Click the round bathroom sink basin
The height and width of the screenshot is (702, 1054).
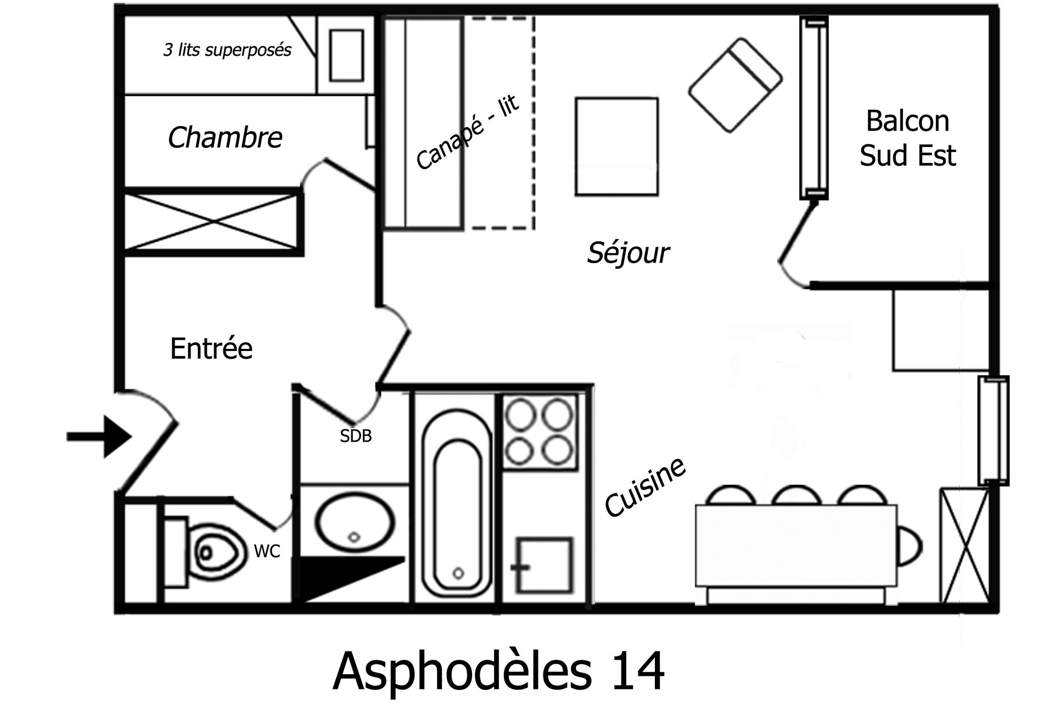tap(354, 522)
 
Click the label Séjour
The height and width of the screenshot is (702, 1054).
tap(627, 253)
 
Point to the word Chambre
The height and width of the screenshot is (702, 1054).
tap(225, 137)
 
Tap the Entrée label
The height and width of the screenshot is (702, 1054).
tap(211, 349)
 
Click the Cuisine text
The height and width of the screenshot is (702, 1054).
tap(645, 487)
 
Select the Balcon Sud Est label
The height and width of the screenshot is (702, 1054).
tap(907, 138)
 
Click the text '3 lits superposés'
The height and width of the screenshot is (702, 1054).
tap(227, 50)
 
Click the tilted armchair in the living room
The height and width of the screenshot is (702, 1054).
tap(735, 85)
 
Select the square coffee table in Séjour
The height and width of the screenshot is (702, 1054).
tap(616, 146)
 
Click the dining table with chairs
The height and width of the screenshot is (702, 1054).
tap(795, 554)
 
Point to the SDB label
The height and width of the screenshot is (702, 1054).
tap(356, 436)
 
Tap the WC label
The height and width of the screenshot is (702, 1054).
tap(267, 551)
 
